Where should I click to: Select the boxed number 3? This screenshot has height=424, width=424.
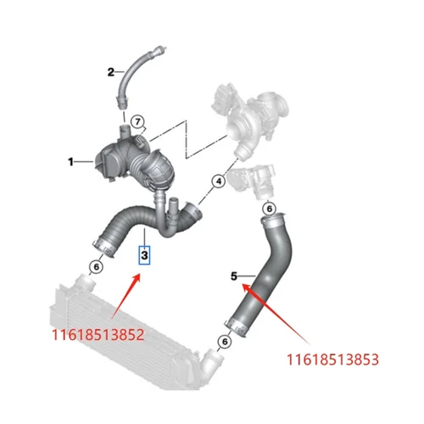coord(145,254)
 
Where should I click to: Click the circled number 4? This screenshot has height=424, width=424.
coord(217,181)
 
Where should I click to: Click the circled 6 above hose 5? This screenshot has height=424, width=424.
coord(268,208)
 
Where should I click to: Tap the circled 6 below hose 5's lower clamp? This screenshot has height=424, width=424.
coord(224,341)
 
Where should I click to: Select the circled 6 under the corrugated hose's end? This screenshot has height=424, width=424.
coord(97,267)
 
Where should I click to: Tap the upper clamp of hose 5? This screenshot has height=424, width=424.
coord(265,225)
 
